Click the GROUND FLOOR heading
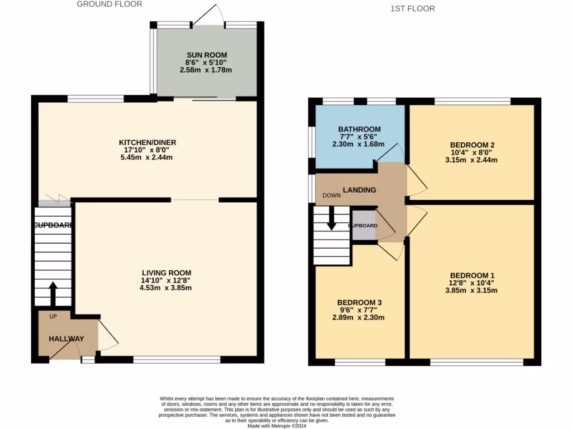[x=109, y=4]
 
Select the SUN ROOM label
[x=207, y=55]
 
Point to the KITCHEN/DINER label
[x=148, y=142]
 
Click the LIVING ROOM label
[x=166, y=273]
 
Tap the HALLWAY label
[x=66, y=339]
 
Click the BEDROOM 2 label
[x=474, y=145]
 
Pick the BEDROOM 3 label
[x=359, y=302]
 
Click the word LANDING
[x=359, y=190]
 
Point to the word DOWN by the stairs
[x=331, y=196]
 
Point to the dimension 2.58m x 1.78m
[x=206, y=70]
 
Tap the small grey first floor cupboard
[x=363, y=226]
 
